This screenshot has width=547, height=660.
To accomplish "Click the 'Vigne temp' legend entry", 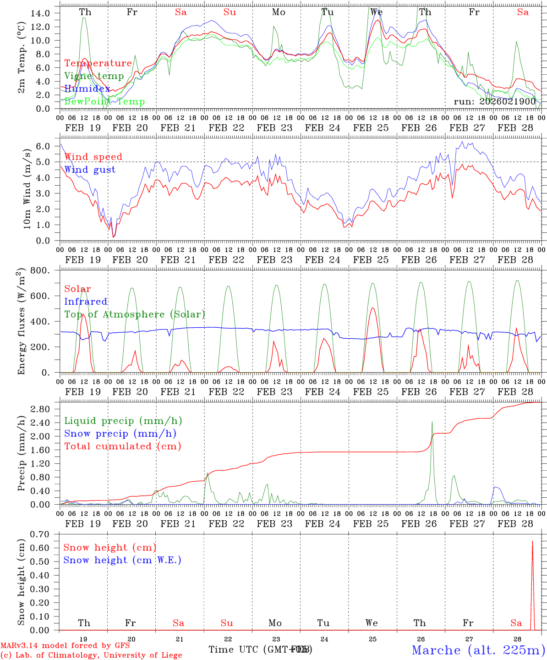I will click(x=94, y=76).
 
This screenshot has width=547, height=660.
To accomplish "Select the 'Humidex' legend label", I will click(x=87, y=89).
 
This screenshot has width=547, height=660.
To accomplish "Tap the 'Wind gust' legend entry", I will click(x=90, y=170).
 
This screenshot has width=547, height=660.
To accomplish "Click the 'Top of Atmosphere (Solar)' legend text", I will click(x=135, y=314).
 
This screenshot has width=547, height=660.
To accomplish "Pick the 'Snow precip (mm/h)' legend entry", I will click(x=120, y=434).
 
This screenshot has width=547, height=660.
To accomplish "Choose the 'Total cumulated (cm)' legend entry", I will click(x=122, y=446).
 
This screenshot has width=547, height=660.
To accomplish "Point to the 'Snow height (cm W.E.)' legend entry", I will click(x=122, y=560).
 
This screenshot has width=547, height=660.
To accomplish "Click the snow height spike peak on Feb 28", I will click(x=532, y=541).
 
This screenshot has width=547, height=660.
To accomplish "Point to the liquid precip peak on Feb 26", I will click(x=432, y=422).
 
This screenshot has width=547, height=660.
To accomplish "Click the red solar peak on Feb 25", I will click(x=372, y=308).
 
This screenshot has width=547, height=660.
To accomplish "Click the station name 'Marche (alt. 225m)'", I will click(x=478, y=650).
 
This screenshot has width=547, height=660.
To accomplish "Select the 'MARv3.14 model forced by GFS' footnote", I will click(x=65, y=646).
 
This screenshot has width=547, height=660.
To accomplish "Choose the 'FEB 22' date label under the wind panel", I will click(x=226, y=260).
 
